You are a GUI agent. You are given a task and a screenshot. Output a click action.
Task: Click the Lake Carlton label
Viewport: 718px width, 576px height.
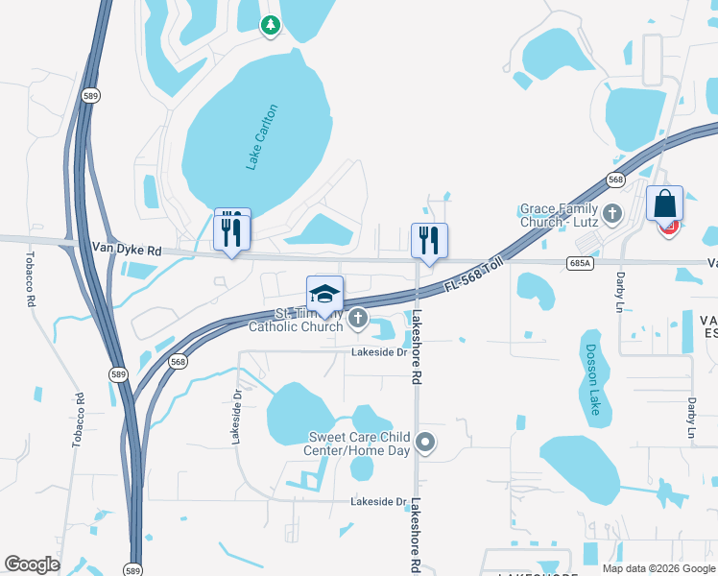[x=261, y=137]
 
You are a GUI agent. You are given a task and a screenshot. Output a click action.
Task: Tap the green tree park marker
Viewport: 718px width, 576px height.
[x=271, y=25]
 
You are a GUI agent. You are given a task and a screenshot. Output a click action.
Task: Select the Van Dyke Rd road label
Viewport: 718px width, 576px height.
[x=128, y=250]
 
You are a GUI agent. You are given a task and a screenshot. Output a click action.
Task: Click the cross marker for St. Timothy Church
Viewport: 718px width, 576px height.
[x=358, y=317]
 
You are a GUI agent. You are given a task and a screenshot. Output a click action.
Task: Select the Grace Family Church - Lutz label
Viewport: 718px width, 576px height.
[x=560, y=214]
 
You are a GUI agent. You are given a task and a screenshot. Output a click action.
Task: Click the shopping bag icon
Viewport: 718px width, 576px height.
[x=664, y=204]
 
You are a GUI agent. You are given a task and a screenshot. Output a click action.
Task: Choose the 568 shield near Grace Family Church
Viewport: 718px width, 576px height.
[x=615, y=180]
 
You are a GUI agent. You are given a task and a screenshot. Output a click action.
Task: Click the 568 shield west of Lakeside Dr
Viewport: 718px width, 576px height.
[x=178, y=362]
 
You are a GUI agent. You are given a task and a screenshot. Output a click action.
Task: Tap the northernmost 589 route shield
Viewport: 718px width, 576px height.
[x=90, y=96]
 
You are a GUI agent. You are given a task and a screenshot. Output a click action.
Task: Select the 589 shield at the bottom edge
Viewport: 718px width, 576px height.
[x=134, y=567]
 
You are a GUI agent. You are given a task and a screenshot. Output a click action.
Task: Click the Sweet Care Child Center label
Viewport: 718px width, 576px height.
[x=358, y=444]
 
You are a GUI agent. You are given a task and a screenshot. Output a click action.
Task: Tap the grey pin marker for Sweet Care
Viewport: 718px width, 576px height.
[x=425, y=443]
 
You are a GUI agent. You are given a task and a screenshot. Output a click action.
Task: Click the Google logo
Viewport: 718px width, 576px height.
[x=32, y=564]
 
